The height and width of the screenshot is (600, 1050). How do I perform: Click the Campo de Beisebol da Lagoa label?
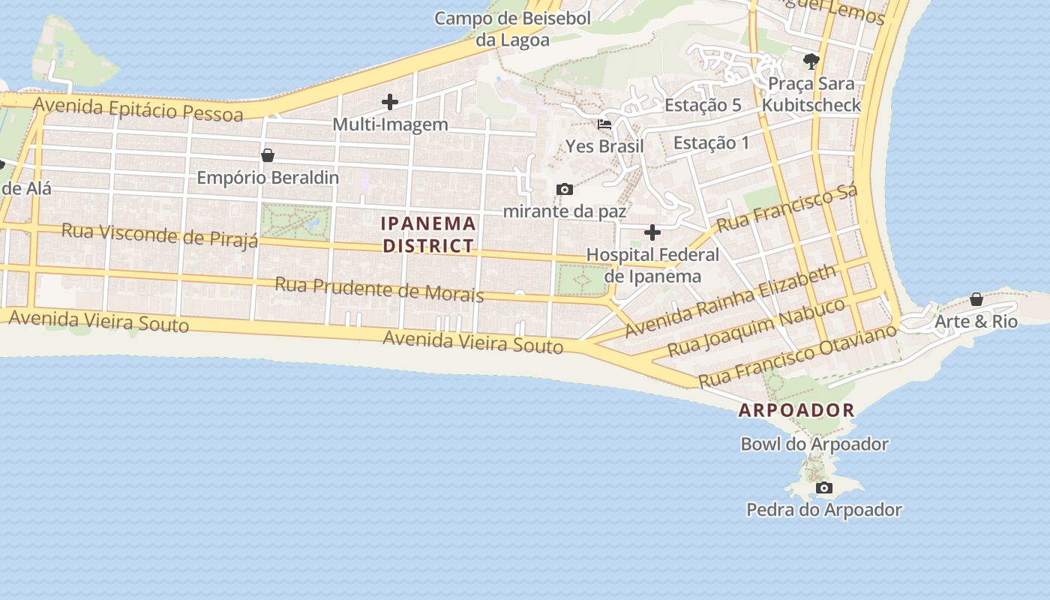coord(513,28)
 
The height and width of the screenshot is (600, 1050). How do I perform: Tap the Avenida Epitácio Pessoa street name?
coord(139,109)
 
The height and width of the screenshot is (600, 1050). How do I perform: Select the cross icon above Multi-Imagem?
coord(390,102)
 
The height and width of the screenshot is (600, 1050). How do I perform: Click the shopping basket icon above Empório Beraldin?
coord(268,155)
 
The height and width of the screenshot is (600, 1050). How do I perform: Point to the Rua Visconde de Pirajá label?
coord(160,234)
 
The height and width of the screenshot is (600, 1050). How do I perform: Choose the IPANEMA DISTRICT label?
coord(428,234)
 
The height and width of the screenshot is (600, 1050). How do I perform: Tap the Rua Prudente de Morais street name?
coord(379,289)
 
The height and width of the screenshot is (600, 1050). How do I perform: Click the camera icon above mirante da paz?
coord(565,189)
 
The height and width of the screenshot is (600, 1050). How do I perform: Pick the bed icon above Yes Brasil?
coord(604,124)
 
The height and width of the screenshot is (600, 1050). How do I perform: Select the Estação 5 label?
coord(703,105)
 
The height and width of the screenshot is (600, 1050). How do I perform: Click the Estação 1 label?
coord(711,142)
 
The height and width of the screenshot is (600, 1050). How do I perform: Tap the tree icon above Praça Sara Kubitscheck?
coord(811,61)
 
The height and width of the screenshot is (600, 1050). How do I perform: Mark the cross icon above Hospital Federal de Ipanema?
coord(652,232)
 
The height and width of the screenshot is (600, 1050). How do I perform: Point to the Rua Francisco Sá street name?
coord(787,208)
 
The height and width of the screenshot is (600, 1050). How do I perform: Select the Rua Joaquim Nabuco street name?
coord(756,327)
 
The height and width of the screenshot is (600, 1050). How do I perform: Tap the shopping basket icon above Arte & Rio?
coord(976,299)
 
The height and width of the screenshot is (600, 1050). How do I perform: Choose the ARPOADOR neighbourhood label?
coord(796,410)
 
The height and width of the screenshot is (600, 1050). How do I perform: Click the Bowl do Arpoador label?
coord(814,444)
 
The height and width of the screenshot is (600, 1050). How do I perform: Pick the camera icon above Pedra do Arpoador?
coord(824,488)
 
